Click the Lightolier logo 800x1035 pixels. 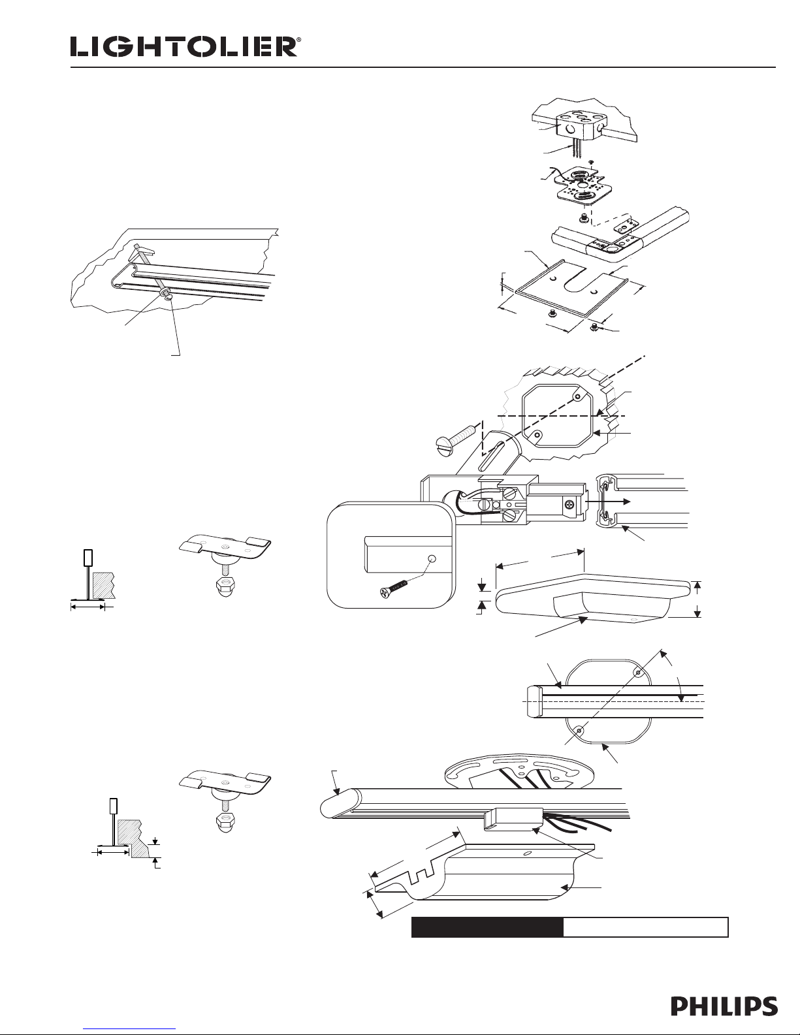[184, 47]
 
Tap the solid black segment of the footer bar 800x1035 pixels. [488, 927]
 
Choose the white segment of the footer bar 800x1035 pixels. [646, 927]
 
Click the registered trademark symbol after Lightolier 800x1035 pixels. [298, 40]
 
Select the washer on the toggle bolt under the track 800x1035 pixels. [164, 291]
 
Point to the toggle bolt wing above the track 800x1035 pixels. [143, 248]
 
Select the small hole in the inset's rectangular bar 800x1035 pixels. [432, 559]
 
